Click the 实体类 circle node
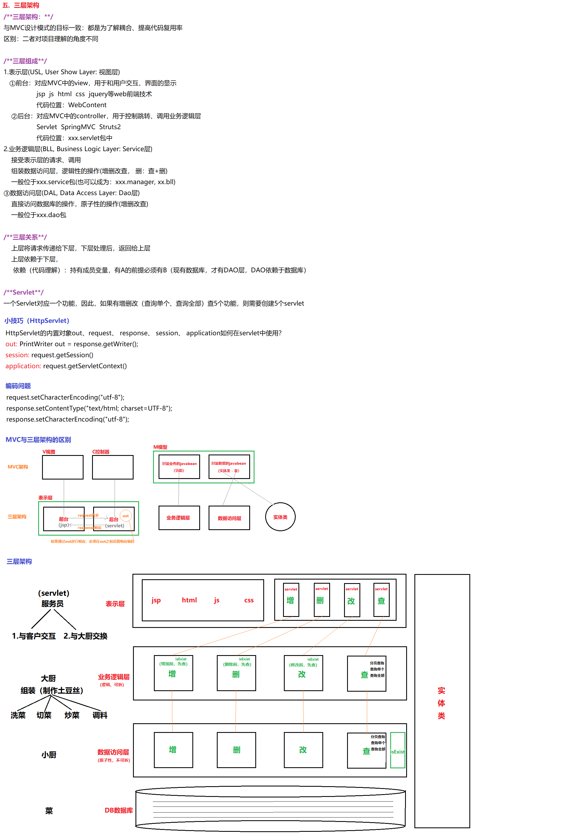(x=280, y=517)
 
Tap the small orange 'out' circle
(x=125, y=516)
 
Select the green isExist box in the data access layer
(x=397, y=750)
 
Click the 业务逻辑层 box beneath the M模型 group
(x=179, y=518)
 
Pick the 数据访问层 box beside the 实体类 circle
(x=229, y=518)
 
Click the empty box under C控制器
(x=113, y=467)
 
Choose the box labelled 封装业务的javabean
(x=179, y=467)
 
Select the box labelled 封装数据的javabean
(x=229, y=467)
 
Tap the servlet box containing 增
(x=291, y=600)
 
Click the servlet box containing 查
(x=381, y=600)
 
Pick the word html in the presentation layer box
(x=189, y=600)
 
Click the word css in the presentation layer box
(x=249, y=600)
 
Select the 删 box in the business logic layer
(x=236, y=673)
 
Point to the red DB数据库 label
(x=119, y=810)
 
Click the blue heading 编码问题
(x=18, y=386)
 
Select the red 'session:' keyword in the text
(x=17, y=355)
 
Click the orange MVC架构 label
(x=18, y=467)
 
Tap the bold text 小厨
(x=49, y=755)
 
